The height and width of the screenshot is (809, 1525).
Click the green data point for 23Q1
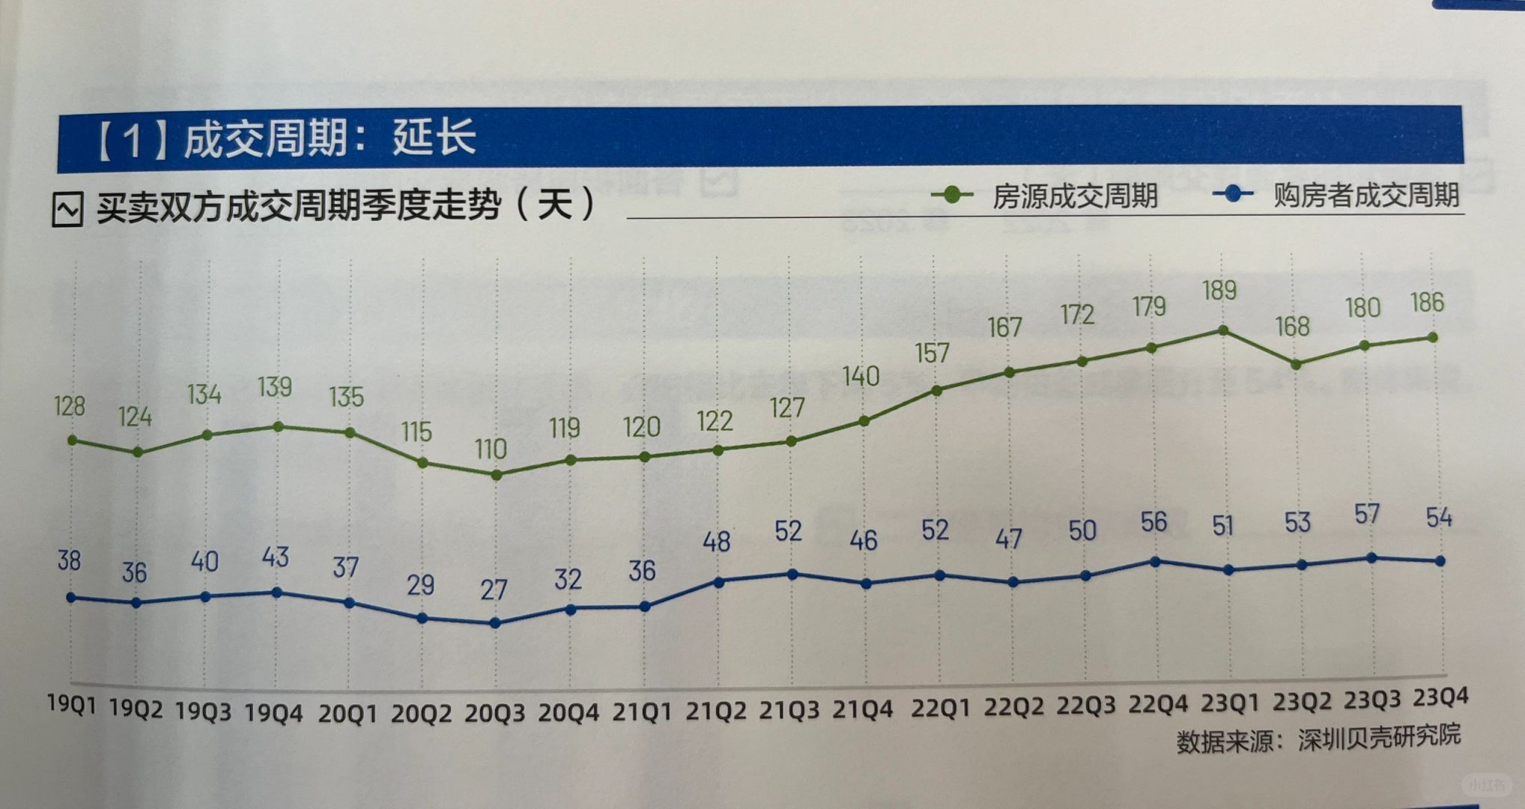click(x=1223, y=330)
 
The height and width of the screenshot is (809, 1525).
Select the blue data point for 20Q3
click(x=494, y=622)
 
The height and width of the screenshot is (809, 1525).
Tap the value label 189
click(x=1219, y=291)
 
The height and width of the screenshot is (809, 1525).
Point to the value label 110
click(x=491, y=449)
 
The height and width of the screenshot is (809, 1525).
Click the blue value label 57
click(x=1367, y=515)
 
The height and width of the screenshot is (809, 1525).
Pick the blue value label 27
click(x=494, y=590)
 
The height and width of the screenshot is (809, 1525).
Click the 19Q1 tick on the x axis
click(x=72, y=703)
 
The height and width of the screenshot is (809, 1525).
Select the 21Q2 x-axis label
click(x=715, y=710)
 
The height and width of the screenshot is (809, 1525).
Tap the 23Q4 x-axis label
click(x=1440, y=697)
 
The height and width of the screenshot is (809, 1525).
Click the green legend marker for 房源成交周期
click(x=952, y=195)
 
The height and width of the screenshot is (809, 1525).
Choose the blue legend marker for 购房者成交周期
click(x=1232, y=194)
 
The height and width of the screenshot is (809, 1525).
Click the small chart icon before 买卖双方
click(x=67, y=209)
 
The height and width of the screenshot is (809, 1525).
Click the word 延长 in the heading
click(x=434, y=138)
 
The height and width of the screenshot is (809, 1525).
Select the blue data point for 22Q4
click(x=1155, y=561)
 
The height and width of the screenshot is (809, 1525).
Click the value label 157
click(x=932, y=353)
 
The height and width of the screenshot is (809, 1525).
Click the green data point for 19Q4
click(x=278, y=426)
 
